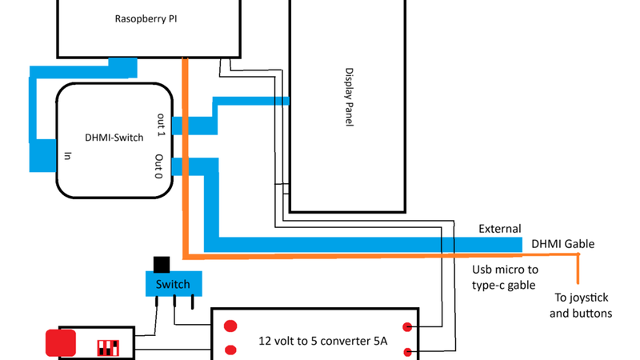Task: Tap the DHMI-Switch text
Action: click(x=114, y=138)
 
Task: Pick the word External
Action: click(x=499, y=229)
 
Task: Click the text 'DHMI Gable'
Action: click(x=562, y=244)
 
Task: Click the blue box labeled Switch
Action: click(x=173, y=284)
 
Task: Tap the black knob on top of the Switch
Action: click(x=161, y=264)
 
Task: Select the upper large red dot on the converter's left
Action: click(x=230, y=326)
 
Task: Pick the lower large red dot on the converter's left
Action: click(x=230, y=350)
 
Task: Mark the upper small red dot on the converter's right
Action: click(x=408, y=326)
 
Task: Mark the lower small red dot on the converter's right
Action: click(x=408, y=351)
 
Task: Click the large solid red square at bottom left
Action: click(x=61, y=342)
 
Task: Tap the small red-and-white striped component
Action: click(x=108, y=348)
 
